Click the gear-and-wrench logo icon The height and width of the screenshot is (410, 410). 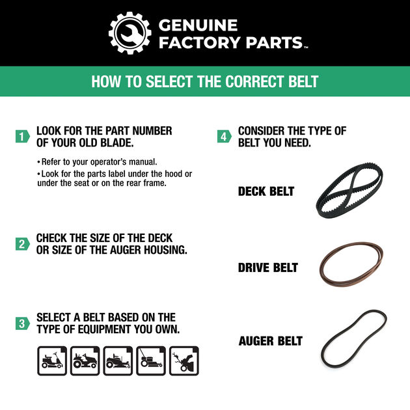[x=130, y=33]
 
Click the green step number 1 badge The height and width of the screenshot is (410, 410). [x=22, y=137]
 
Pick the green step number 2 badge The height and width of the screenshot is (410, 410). [x=22, y=244]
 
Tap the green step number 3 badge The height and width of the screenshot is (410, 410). [x=22, y=323]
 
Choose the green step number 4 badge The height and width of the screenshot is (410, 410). [x=224, y=137]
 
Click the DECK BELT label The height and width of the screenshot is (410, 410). [x=266, y=191]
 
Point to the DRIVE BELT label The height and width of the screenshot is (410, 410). [x=267, y=267]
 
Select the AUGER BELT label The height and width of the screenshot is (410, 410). [x=270, y=341]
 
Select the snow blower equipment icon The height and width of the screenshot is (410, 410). [x=184, y=361]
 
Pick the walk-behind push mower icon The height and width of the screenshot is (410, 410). [x=151, y=361]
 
